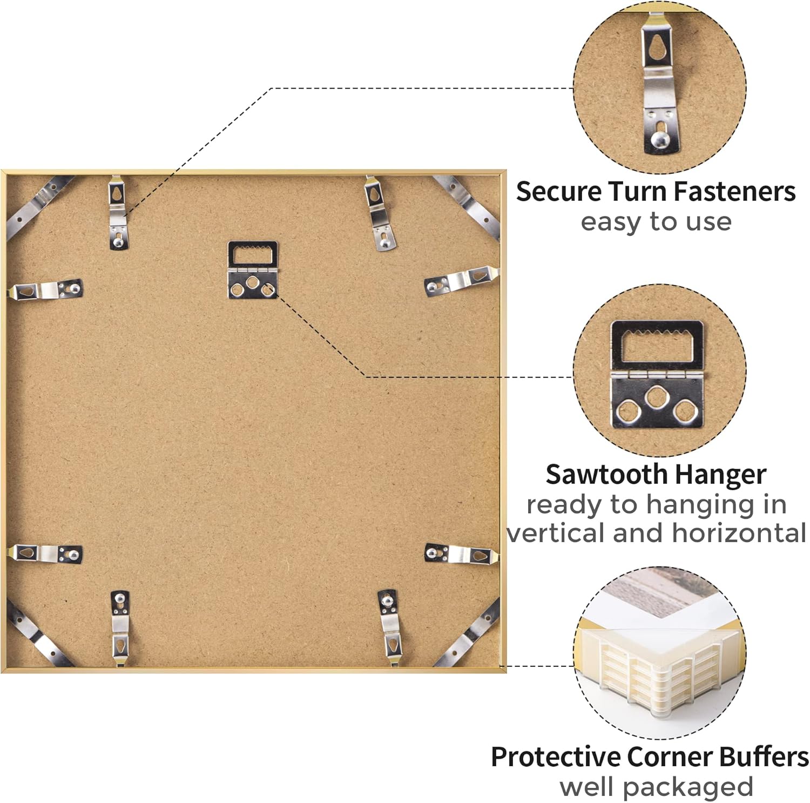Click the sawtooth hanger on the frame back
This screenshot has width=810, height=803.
253,269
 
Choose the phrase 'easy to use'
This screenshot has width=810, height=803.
656,222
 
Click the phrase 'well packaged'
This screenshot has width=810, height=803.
656,787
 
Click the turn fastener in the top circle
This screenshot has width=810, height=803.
660,84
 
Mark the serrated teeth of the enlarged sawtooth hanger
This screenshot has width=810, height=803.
657,331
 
